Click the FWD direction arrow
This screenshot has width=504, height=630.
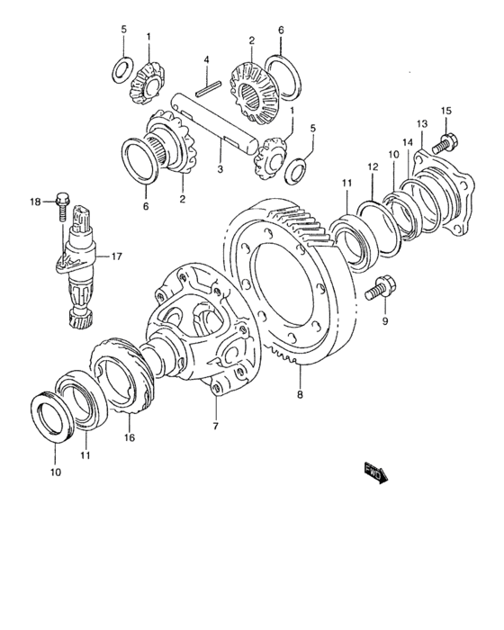click(x=376, y=472)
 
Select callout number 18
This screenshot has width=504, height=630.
click(x=35, y=202)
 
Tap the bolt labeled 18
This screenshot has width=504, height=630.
click(x=62, y=206)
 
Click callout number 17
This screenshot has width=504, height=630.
click(x=116, y=256)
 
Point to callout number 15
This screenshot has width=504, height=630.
click(x=446, y=111)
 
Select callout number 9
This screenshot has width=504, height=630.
click(x=385, y=321)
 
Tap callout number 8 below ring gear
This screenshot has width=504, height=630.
click(x=300, y=394)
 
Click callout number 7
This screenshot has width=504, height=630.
click(x=216, y=426)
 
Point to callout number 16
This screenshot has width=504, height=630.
click(x=130, y=437)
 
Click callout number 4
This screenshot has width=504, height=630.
click(x=206, y=60)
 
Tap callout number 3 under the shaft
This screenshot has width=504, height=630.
click(x=220, y=169)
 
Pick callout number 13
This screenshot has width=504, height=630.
click(x=422, y=124)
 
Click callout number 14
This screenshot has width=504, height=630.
click(x=408, y=142)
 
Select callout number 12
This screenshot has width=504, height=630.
click(x=373, y=166)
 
